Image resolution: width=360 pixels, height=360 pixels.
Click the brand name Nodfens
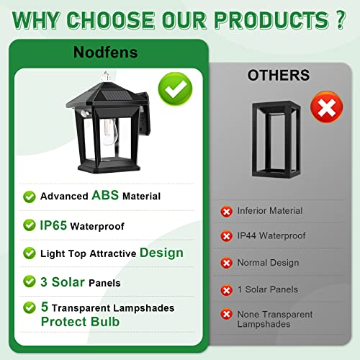106,52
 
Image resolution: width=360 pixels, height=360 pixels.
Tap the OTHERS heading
279,75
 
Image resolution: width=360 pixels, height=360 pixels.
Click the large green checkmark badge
175,89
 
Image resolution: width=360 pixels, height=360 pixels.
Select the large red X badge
327,107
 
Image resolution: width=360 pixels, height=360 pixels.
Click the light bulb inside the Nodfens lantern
109,132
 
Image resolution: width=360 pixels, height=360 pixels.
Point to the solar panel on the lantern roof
112,96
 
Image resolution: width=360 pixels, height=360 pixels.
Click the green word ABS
105,195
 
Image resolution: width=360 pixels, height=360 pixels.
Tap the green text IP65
53,225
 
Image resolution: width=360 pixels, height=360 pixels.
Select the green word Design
161,253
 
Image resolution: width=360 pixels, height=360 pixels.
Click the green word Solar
68,282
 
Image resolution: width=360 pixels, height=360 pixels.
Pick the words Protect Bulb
80,322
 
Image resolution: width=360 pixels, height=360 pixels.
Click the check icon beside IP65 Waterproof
30,225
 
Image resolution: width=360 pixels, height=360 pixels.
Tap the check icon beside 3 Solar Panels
30,282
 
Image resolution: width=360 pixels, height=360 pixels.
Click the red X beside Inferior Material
226,212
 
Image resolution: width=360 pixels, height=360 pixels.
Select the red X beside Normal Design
226,263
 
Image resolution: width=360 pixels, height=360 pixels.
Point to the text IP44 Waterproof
271,236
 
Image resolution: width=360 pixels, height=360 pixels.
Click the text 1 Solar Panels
268,289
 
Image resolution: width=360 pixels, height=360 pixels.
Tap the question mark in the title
341,20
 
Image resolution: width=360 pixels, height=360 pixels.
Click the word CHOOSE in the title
110,20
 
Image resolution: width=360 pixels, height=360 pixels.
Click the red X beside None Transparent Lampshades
226,315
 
